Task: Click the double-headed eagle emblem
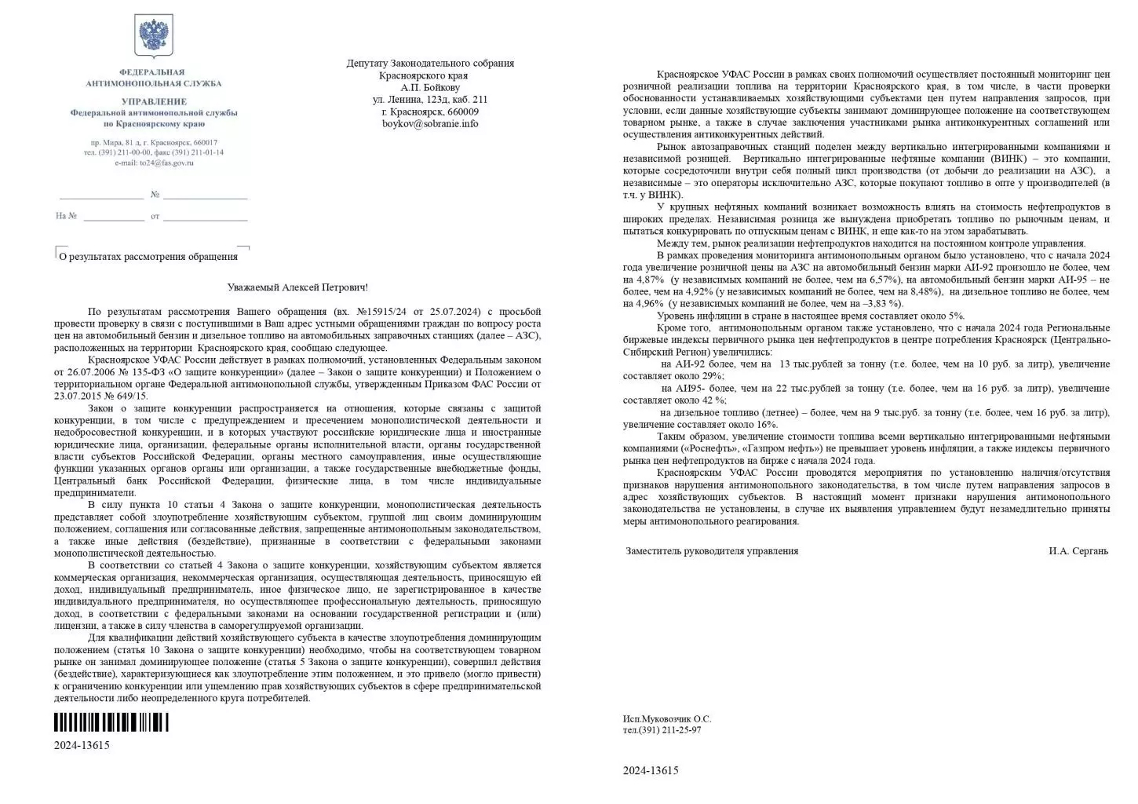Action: (154, 36)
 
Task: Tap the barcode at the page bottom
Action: (111, 722)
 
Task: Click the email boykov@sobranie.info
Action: (430, 123)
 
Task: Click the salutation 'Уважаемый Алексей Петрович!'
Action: (297, 288)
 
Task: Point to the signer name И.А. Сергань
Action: (1078, 550)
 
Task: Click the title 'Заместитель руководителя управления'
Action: (712, 550)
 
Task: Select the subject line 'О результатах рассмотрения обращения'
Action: (149, 256)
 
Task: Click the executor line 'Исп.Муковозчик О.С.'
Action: (666, 718)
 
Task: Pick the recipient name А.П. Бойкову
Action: (430, 88)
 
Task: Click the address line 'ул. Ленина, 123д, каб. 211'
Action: (430, 100)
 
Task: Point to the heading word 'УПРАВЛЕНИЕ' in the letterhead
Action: (154, 101)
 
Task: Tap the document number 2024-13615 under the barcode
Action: (82, 745)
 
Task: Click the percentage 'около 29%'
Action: (690, 376)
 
